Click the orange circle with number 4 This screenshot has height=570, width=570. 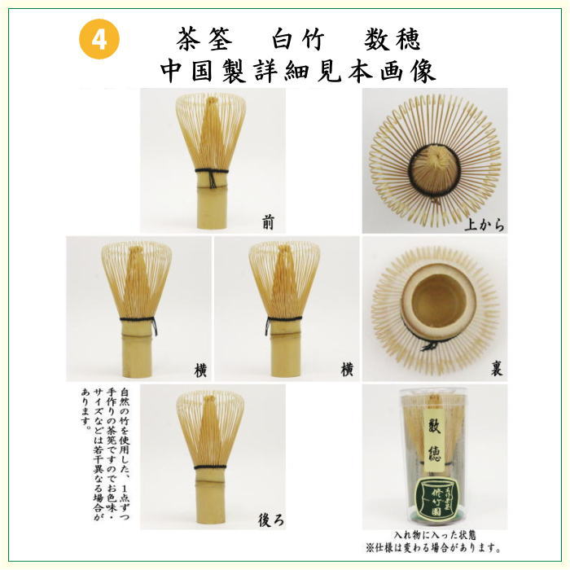99,41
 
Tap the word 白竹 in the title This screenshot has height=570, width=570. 298,38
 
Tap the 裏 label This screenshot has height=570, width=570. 496,370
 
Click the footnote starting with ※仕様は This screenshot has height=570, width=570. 434,547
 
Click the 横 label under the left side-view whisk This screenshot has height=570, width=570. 199,370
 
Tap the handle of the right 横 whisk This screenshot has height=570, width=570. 285,350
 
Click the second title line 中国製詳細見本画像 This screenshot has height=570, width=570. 298,71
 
